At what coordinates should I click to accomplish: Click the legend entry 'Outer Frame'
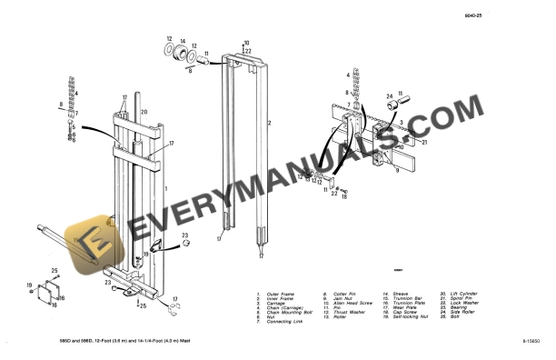[x=279, y=294]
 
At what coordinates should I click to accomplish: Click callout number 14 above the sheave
[x=182, y=41]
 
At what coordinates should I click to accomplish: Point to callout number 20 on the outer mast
[x=144, y=112]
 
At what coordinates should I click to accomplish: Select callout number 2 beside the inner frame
[x=269, y=121]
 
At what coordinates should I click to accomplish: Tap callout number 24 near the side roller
[x=390, y=95]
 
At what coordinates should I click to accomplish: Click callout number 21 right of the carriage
[x=423, y=141]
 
